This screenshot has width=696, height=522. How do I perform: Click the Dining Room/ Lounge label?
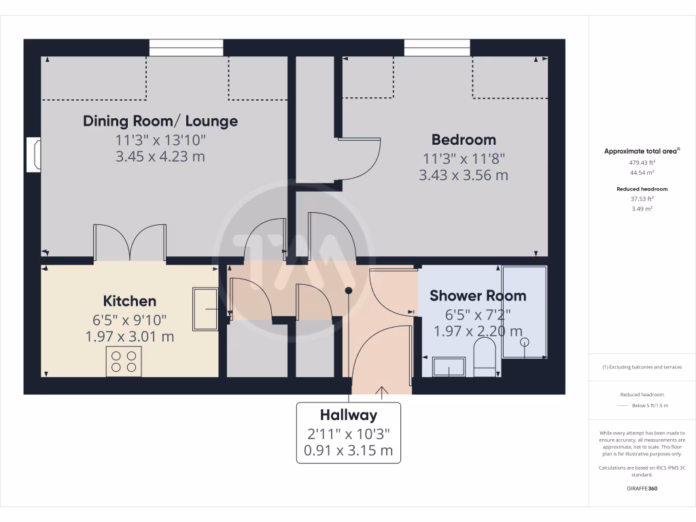click(x=160, y=121)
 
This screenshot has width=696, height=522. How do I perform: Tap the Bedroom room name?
click(x=464, y=140)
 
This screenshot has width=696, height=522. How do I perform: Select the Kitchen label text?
click(x=129, y=301)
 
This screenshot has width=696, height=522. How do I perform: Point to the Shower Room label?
click(x=478, y=296)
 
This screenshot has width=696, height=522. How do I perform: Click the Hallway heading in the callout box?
click(x=348, y=415)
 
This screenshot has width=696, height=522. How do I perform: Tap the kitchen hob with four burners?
click(x=124, y=361)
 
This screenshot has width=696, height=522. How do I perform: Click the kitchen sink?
click(x=205, y=309)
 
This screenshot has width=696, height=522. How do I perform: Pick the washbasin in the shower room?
click(x=449, y=366)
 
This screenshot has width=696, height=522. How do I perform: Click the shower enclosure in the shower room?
click(x=524, y=313)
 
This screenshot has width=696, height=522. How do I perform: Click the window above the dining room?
click(x=186, y=48)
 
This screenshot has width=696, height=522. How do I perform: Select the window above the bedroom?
click(x=437, y=48)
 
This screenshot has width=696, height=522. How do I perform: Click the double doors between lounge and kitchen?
click(x=129, y=243)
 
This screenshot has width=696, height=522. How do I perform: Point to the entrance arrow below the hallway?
click(x=381, y=392)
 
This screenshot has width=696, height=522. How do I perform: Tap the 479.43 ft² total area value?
click(x=642, y=163)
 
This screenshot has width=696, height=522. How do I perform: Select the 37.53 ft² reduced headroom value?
click(x=642, y=199)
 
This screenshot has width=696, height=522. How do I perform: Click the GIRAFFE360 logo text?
click(x=642, y=489)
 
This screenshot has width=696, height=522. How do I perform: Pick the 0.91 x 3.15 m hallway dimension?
click(x=348, y=450)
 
